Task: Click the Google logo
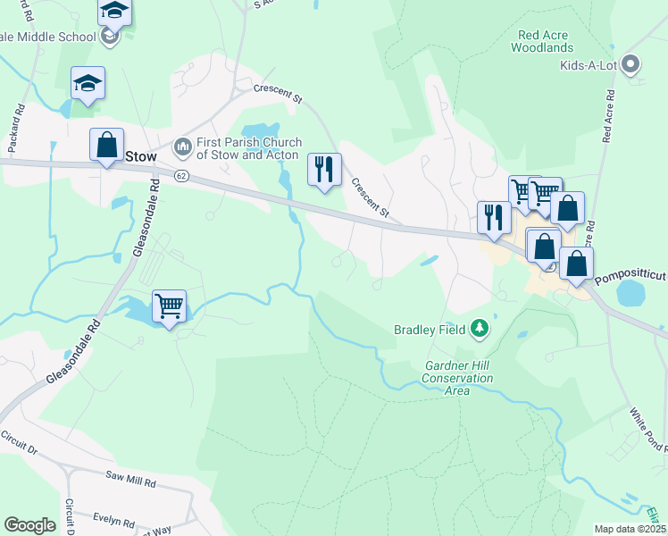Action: (30, 525)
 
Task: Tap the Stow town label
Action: (141, 156)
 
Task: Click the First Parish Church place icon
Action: (183, 145)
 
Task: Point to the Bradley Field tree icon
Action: (480, 330)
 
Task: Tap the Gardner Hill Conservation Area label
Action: (459, 379)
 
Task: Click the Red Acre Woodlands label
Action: (543, 41)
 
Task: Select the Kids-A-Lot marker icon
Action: (631, 64)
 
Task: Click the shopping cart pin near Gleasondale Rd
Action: (169, 306)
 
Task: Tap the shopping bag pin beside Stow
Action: (106, 145)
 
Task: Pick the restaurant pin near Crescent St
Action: (324, 169)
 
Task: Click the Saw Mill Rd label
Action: (130, 482)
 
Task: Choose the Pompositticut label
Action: (630, 278)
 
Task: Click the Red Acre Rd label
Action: (609, 116)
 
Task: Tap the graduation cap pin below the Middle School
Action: (88, 83)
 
